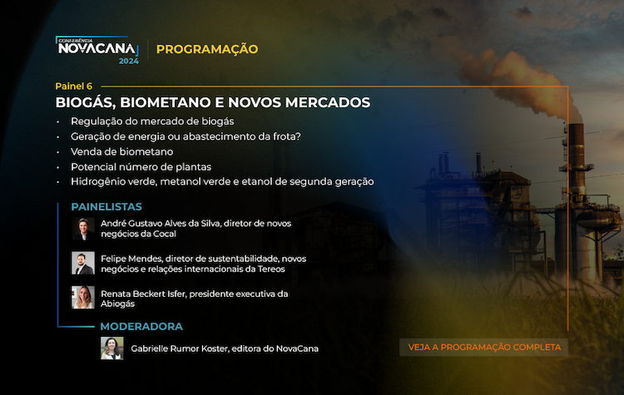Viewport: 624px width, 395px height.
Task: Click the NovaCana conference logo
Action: [x=97, y=50]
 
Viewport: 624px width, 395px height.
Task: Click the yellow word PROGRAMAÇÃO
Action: [x=207, y=49]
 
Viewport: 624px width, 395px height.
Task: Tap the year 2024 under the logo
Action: [x=128, y=61]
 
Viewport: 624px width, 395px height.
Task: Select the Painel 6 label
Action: [x=73, y=86]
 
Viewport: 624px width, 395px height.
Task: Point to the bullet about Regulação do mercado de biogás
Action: [x=152, y=121]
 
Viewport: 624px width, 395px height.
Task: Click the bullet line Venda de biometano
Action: [x=121, y=151]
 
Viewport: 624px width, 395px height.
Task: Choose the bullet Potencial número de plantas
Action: [x=141, y=166]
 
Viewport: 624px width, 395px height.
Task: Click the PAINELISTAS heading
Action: [x=106, y=207]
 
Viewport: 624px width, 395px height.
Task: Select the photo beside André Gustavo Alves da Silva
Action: [x=83, y=229]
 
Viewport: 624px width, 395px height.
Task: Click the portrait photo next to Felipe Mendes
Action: [x=83, y=263]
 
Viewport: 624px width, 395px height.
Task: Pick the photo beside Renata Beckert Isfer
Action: [x=83, y=297]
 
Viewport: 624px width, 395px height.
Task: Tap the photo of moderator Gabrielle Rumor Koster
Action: [x=111, y=348]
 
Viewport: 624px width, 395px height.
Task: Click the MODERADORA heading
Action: [x=141, y=327]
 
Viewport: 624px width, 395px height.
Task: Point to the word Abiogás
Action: [x=118, y=304]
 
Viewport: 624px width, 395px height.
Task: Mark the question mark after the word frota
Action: [x=299, y=136]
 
